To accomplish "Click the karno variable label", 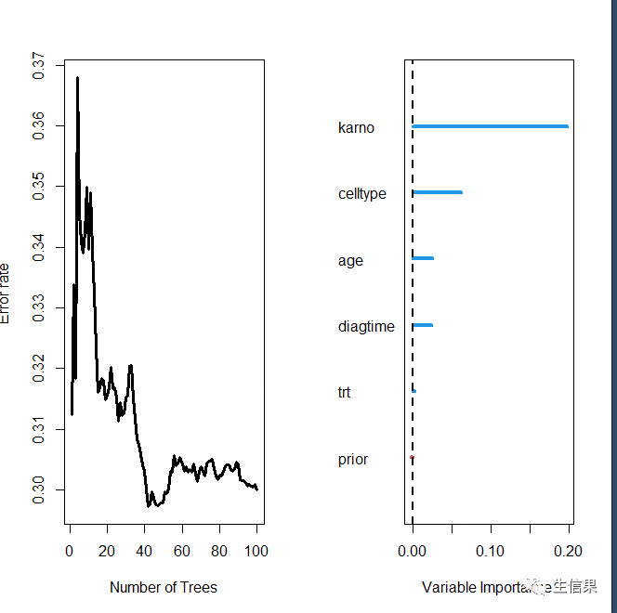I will coord(356,128).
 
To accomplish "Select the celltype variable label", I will coord(362,194).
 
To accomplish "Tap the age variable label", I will coord(350,261).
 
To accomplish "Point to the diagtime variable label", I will coord(366,327).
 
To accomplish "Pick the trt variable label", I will coord(345,393).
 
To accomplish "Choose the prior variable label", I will coord(353,460).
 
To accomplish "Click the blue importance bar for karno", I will coord(490,126).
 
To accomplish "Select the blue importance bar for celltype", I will coord(437,192).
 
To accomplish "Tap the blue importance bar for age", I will coord(423,258).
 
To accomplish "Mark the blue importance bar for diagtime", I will coord(422,325).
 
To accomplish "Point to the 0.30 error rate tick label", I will coord(38,489).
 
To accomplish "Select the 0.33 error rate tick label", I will coord(38,307).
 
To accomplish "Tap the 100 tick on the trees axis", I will coord(256,552).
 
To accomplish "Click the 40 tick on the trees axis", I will coord(144,552).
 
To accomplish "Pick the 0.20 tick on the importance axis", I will coord(569,552).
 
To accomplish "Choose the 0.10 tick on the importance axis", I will coord(491,552).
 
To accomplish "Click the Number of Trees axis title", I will coord(164,587).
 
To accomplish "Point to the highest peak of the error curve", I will coord(77,78).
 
